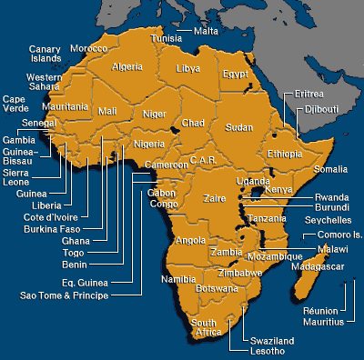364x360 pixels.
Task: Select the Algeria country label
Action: (126, 66)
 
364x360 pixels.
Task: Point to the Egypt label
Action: (235, 74)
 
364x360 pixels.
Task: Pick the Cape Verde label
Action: (14, 104)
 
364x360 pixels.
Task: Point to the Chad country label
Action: (193, 122)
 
